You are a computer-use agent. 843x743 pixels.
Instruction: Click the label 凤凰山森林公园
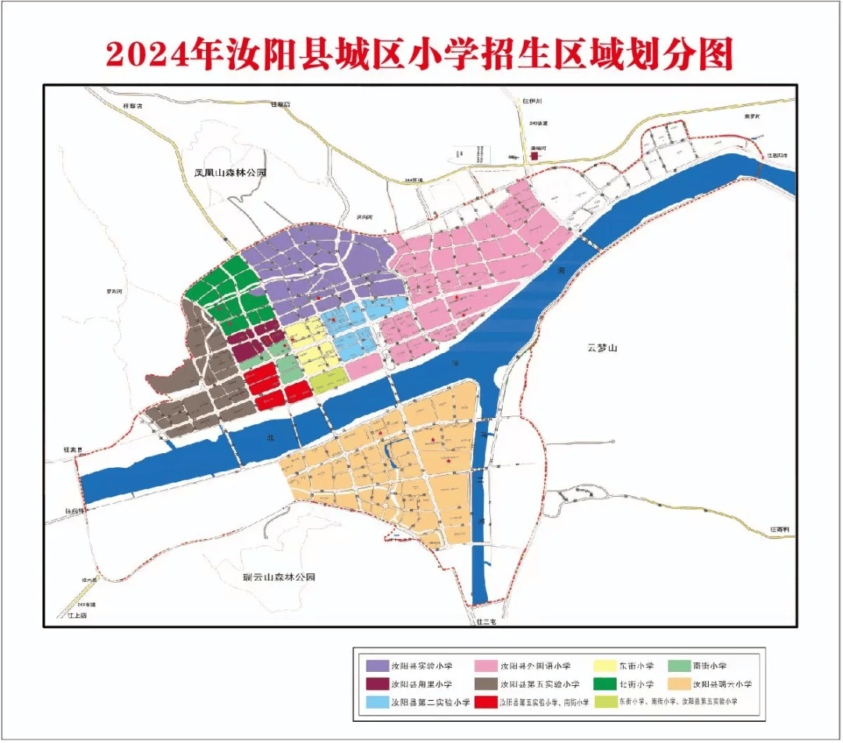tap(219, 173)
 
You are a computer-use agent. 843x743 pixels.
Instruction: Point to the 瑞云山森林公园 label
tap(278, 577)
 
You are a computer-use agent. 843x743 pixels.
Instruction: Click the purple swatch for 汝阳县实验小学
tap(378, 666)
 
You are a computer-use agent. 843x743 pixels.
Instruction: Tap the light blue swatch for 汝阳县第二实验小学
tap(378, 702)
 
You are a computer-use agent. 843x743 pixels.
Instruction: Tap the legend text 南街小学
tap(709, 666)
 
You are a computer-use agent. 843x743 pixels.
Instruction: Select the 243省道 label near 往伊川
tap(539, 123)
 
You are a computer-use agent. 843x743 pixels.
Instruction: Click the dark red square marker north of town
tap(535, 156)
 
